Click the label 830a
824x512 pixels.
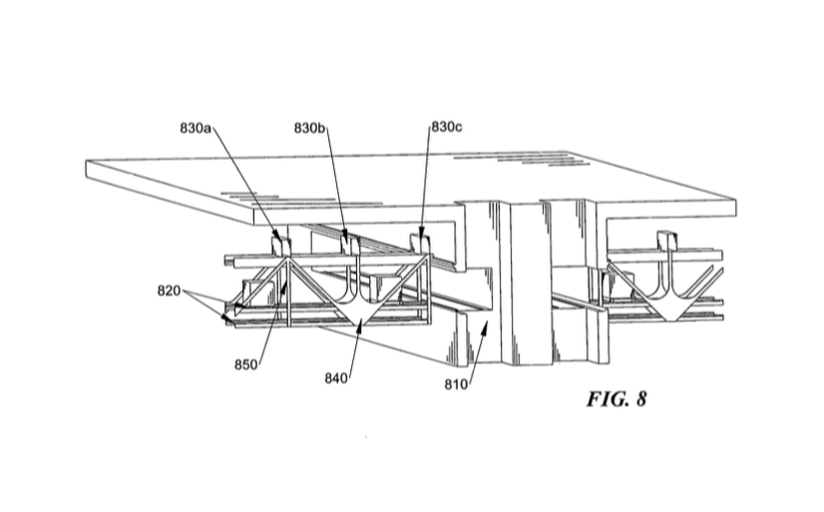pyautogui.click(x=196, y=129)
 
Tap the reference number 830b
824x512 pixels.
pyautogui.click(x=309, y=129)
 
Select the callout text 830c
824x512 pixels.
pyautogui.click(x=447, y=129)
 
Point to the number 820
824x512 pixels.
pyautogui.click(x=169, y=291)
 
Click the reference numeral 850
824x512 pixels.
pyautogui.click(x=246, y=365)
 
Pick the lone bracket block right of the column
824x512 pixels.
pyautogui.click(x=665, y=240)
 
